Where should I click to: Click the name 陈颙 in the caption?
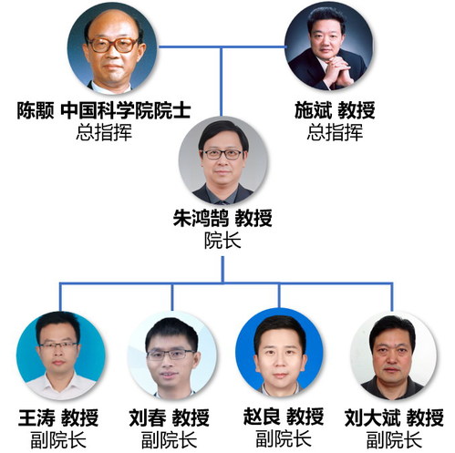tap(36, 110)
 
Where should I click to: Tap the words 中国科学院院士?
tap(126, 110)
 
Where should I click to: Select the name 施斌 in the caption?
tap(313, 110)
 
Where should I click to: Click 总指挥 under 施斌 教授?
tap(335, 132)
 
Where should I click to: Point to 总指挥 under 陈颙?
tap(104, 132)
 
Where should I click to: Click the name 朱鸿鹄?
tap(201, 218)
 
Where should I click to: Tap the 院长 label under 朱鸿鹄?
tap(222, 241)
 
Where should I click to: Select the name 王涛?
tap(36, 418)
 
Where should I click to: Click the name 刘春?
tap(148, 418)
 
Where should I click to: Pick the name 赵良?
tap(262, 417)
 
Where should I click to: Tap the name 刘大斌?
tap(372, 418)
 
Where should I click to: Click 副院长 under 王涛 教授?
tap(58, 440)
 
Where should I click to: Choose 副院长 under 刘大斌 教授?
tap(394, 440)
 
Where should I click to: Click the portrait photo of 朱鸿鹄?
tap(222, 160)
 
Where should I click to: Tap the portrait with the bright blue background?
tap(280, 353)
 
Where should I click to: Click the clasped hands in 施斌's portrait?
tap(336, 70)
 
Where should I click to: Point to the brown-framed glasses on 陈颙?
tap(113, 45)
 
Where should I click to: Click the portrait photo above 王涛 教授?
tap(61, 355)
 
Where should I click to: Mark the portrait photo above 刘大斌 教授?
tap(394, 355)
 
